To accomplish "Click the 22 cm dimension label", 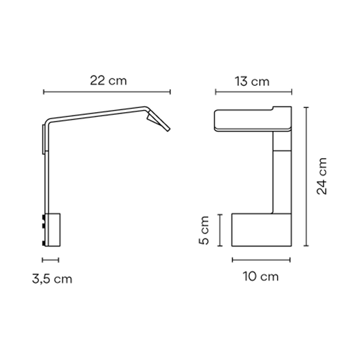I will tap(108, 79).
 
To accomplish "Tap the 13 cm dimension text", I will tap(251, 82).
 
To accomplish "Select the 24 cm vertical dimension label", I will tap(323, 176).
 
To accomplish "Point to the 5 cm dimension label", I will tap(205, 230).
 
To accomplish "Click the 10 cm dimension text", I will tap(261, 276).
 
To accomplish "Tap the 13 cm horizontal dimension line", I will tap(251, 93).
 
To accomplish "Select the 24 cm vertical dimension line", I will tap(305, 176).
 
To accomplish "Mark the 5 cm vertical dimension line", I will tap(220, 230).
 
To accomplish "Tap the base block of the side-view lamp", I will tap(53, 230).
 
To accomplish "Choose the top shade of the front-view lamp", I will tap(250, 120).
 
